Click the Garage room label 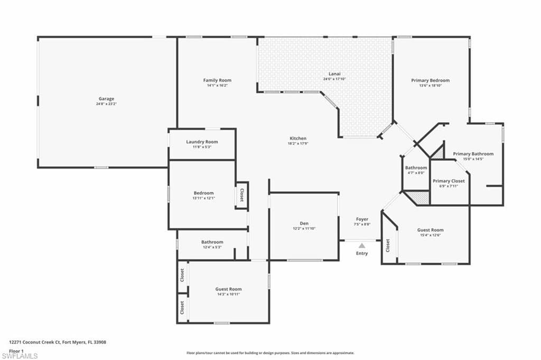pyautogui.click(x=106, y=99)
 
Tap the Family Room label pyautogui.click(x=217, y=80)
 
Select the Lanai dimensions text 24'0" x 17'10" pyautogui.click(x=334, y=79)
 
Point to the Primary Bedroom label pyautogui.click(x=430, y=80)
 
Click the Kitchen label pyautogui.click(x=298, y=139)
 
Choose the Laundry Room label pyautogui.click(x=202, y=142)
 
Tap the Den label pyautogui.click(x=304, y=223)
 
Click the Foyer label pyautogui.click(x=362, y=219)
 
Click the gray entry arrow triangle pyautogui.click(x=361, y=246)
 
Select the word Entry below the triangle pyautogui.click(x=361, y=253)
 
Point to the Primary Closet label pyautogui.click(x=449, y=181)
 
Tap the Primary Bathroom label pyautogui.click(x=473, y=154)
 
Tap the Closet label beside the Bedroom pyautogui.click(x=242, y=195)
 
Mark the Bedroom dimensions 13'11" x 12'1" pyautogui.click(x=203, y=198)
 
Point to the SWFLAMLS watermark pyautogui.click(x=20, y=356)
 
